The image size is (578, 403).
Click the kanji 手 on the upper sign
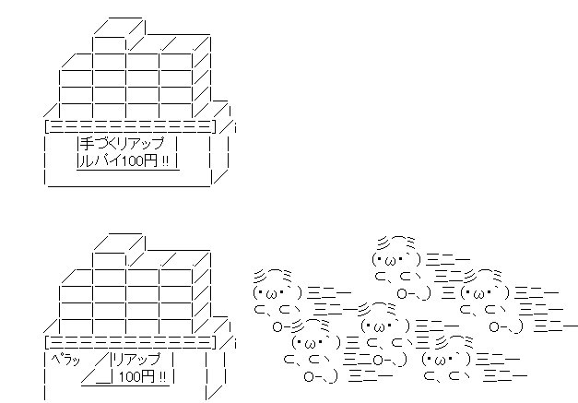point(87,143)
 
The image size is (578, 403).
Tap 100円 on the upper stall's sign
point(138,160)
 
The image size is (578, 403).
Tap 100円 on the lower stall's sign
point(137,376)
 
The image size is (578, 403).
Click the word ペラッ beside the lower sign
point(65,359)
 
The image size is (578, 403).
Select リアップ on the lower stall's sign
point(136,359)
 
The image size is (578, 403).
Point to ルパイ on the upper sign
point(100,160)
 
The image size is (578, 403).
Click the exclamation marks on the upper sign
point(165,161)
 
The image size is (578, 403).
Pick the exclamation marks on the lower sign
point(162,377)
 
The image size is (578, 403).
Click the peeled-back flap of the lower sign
point(97,369)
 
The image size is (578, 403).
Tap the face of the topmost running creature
point(396,259)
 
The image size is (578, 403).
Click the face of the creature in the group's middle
point(385,326)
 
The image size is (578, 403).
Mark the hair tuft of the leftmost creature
point(273,275)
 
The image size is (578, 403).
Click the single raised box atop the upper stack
point(117,34)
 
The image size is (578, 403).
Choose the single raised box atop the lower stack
point(117,251)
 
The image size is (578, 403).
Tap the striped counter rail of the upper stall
point(130,126)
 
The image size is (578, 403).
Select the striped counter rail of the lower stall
point(130,342)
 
